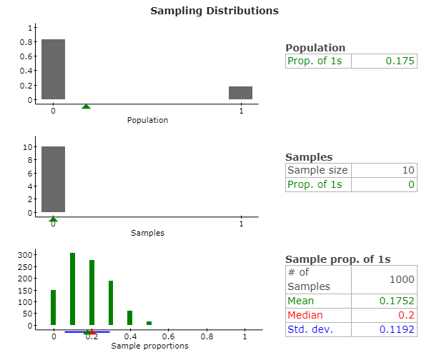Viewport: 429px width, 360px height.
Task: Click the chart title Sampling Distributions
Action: pyautogui.click(x=214, y=11)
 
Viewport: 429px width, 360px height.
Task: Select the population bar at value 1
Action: pyautogui.click(x=240, y=93)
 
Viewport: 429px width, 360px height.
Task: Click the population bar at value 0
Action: pyautogui.click(x=53, y=69)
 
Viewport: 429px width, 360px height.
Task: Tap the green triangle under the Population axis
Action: pyautogui.click(x=87, y=106)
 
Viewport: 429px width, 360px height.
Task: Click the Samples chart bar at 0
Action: pyautogui.click(x=53, y=179)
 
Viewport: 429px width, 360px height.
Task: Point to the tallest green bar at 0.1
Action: pyautogui.click(x=72, y=289)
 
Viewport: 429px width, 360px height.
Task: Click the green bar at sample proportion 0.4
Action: pyautogui.click(x=129, y=318)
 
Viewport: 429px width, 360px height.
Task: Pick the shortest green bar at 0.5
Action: pyautogui.click(x=149, y=324)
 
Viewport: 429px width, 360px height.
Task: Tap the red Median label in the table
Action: pyautogui.click(x=305, y=315)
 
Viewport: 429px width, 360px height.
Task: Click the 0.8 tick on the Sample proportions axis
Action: pyautogui.click(x=206, y=336)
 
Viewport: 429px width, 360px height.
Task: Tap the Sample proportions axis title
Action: pyautogui.click(x=149, y=346)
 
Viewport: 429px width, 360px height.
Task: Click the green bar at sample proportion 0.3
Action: pyautogui.click(x=111, y=303)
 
